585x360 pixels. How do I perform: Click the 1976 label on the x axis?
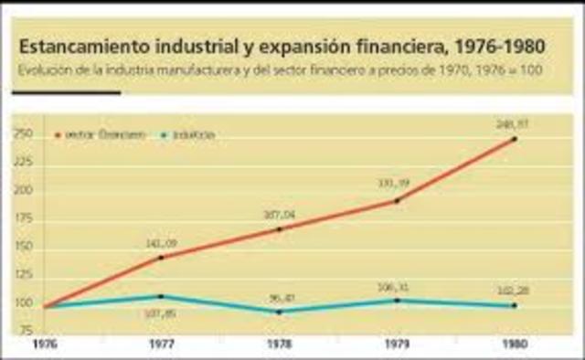point(44,344)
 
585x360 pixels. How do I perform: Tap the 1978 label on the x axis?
point(279,344)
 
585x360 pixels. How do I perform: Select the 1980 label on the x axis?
point(514,344)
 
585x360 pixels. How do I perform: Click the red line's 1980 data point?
point(514,139)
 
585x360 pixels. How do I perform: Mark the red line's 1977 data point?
point(161,258)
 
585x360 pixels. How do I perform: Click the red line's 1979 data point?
point(397,200)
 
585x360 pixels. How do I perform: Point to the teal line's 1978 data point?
point(279,312)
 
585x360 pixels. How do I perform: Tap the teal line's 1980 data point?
point(514,305)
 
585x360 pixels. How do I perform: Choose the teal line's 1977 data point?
point(161,296)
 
